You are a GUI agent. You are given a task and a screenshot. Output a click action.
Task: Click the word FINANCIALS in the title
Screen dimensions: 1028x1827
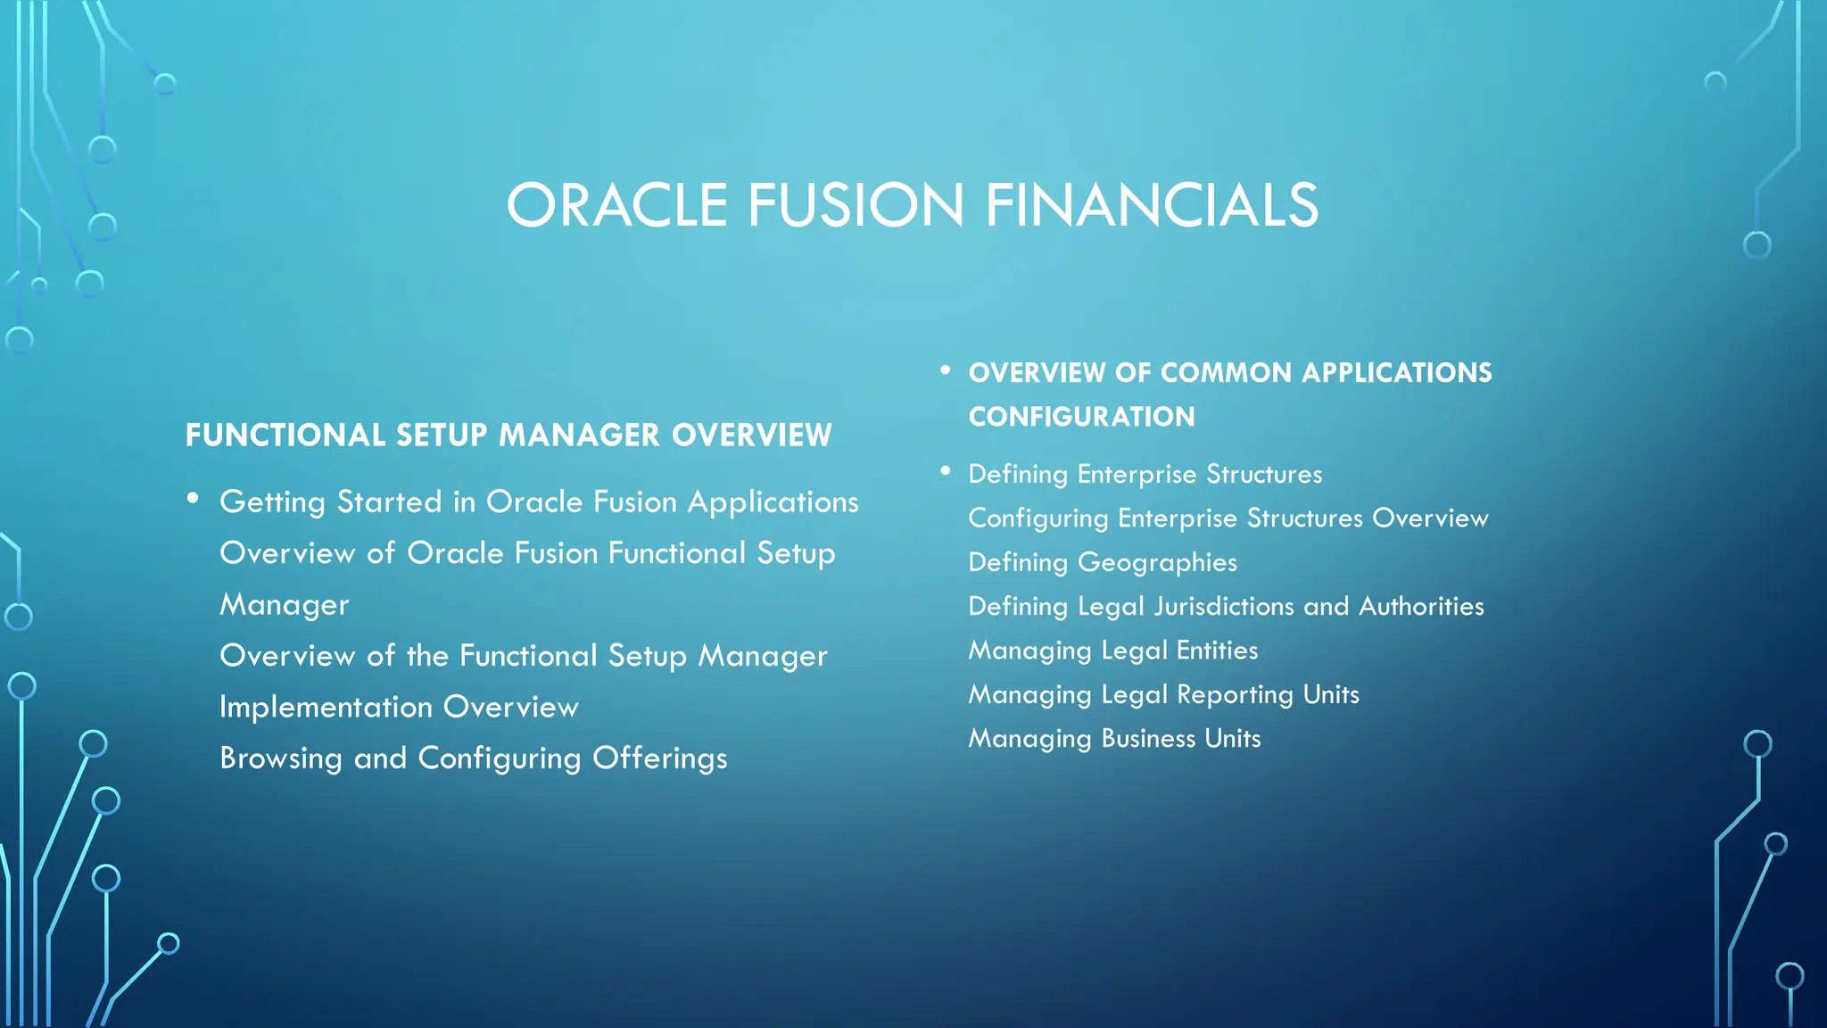(1151, 205)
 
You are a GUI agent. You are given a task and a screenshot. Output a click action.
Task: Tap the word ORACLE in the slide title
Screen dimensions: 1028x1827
(617, 205)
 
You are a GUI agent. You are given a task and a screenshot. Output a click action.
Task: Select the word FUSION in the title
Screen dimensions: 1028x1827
(856, 205)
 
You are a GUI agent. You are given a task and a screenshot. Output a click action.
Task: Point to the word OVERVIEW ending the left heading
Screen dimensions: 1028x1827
(751, 435)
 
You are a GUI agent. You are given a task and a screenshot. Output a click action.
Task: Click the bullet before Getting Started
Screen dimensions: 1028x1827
(193, 499)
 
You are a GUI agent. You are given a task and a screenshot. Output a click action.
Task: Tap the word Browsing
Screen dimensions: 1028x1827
(281, 759)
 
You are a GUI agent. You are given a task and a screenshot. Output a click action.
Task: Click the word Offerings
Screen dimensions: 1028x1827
(659, 759)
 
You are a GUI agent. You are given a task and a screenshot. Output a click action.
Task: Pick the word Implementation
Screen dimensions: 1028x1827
(327, 708)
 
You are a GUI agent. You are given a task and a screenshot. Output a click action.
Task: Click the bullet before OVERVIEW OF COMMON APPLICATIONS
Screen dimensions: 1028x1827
(945, 369)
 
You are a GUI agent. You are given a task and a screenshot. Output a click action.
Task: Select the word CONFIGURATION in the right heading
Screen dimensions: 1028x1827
(1081, 417)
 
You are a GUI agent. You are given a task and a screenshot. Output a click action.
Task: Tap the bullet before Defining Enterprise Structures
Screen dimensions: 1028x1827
(945, 470)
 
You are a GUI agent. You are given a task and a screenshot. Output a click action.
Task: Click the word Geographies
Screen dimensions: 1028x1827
(1157, 563)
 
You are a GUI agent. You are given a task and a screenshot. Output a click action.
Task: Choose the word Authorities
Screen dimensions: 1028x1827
(1421, 607)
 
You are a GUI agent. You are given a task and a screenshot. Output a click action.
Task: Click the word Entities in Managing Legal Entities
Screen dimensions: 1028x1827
(1217, 651)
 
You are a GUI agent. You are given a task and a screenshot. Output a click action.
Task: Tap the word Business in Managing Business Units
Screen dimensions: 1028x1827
(1148, 739)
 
